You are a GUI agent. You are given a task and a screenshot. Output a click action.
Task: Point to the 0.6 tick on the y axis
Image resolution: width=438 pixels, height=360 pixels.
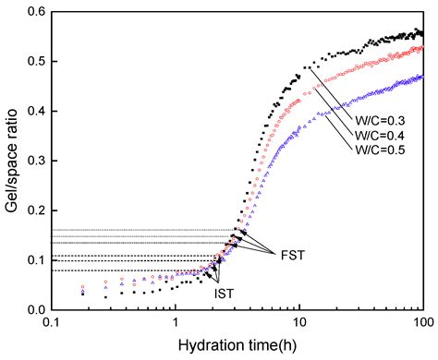tap(38, 12)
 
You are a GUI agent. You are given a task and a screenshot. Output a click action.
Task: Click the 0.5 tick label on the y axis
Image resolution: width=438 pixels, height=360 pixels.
tap(38, 62)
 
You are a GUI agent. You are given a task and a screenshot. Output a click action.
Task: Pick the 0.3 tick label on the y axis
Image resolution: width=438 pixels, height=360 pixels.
tap(38, 161)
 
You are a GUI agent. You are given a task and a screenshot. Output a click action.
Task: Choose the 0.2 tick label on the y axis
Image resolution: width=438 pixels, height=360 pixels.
tap(38, 210)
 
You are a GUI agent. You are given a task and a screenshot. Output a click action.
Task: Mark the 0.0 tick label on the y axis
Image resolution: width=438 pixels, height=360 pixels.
tap(38, 309)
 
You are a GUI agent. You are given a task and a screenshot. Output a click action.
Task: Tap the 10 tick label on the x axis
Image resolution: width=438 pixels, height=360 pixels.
tap(298, 323)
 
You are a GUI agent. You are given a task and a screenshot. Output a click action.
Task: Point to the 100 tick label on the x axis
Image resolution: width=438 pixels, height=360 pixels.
tap(421, 323)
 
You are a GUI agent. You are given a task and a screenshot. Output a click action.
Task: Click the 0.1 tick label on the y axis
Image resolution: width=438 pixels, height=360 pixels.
tap(38, 259)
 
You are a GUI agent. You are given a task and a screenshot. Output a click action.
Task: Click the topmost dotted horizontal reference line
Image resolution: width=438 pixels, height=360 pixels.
tap(139, 230)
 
